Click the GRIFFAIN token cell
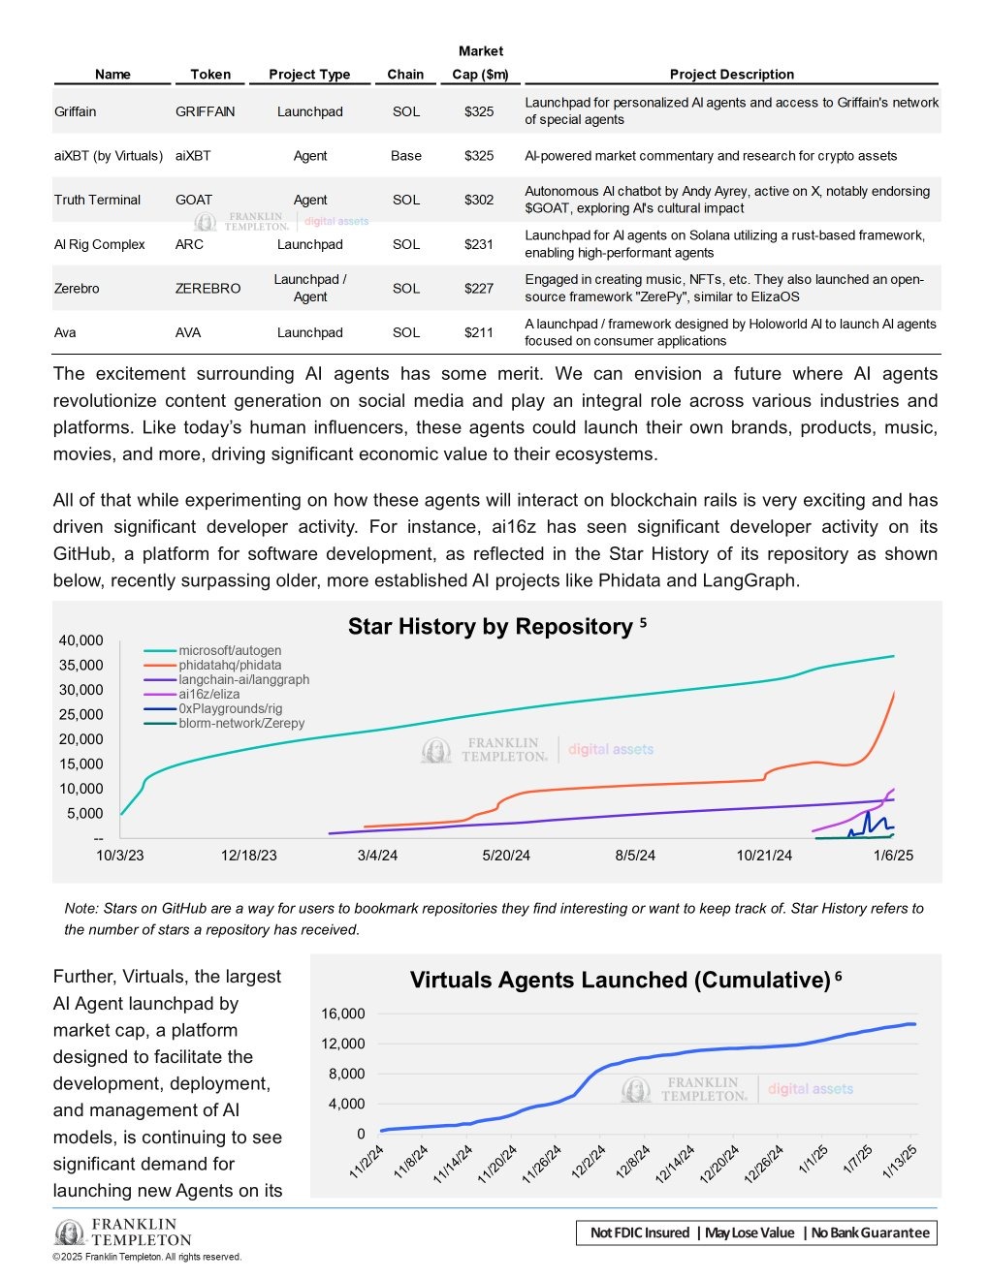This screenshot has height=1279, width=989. coord(205,111)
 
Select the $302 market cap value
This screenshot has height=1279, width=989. coord(479,200)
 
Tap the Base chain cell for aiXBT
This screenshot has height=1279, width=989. coord(405,155)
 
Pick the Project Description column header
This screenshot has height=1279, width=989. coord(731,75)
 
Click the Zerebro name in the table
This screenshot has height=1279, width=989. coord(77,288)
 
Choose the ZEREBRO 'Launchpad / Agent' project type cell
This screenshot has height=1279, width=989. coord(309,288)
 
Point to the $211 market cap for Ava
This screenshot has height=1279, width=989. coord(479,332)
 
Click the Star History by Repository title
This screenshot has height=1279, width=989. coord(490,627)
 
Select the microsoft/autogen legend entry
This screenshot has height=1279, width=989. coord(230,651)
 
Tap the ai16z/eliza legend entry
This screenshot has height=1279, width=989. coord(208,694)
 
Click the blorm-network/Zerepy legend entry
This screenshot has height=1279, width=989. coord(241,723)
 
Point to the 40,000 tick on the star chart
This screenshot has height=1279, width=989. coord(80,640)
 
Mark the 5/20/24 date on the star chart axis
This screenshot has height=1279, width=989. coord(506,856)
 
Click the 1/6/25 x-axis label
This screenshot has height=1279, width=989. coord(893,856)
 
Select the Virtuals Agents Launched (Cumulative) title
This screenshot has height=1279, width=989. coord(620,980)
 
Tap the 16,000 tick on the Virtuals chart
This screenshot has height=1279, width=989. coord(343,1014)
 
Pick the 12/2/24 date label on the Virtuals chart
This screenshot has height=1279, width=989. coord(588,1162)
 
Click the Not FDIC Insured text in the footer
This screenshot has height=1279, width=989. coord(640,1232)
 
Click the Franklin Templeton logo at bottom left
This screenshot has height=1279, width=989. coord(123,1232)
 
